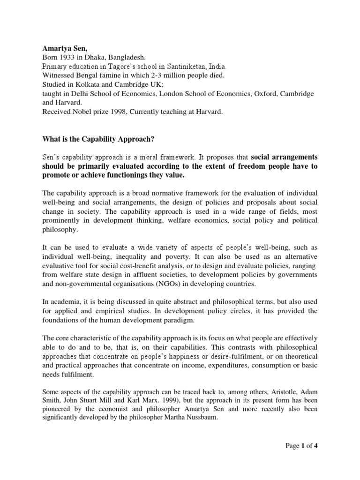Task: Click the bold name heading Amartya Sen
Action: click(62, 48)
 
